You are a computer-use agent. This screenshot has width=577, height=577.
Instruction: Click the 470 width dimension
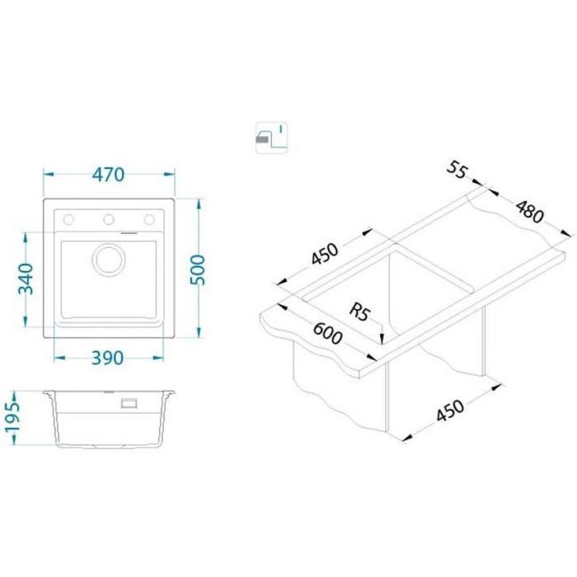tap(108, 175)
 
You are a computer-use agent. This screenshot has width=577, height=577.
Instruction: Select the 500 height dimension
tap(198, 270)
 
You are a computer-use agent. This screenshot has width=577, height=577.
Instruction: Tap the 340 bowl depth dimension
tap(26, 279)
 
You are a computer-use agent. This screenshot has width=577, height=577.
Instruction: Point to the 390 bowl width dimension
tap(107, 358)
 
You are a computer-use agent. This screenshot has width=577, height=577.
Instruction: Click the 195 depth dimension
tap(12, 419)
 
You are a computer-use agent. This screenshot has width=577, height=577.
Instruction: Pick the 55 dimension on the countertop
tap(457, 170)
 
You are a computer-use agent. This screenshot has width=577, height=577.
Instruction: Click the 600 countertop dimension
tap(327, 333)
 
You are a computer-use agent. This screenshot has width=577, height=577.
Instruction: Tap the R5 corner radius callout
tap(359, 312)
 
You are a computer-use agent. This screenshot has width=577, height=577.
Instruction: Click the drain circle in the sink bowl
tap(108, 259)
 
